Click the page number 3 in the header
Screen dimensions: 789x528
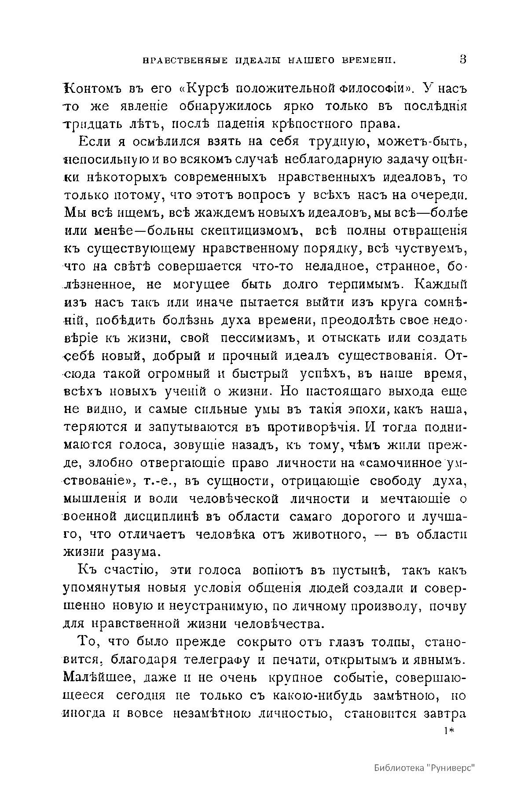[x=462, y=60]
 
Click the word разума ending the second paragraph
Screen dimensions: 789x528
[x=132, y=552]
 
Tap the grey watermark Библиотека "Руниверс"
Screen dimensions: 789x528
[x=425, y=768]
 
